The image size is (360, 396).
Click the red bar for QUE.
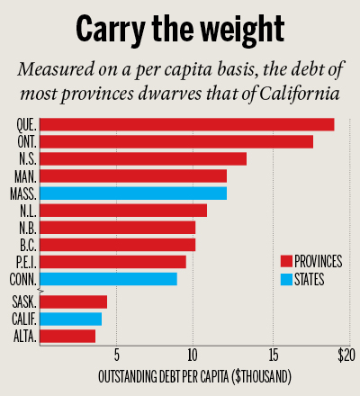[187, 124]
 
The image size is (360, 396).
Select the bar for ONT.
[176, 141]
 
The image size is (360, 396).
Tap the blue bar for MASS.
[133, 193]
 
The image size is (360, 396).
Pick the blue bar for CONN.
[108, 278]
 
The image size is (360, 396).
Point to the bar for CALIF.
[71, 319]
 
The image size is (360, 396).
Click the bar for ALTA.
[67, 336]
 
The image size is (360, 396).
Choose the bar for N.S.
[143, 158]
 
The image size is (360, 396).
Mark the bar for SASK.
[74, 301]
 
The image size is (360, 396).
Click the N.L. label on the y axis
[26, 210]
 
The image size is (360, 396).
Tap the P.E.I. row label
[25, 261]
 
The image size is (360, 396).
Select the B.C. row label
[27, 244]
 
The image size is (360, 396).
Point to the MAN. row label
[25, 175]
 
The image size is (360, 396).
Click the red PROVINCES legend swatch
[286, 261]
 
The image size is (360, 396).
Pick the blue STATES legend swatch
[286, 279]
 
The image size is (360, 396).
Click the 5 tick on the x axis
[117, 352]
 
